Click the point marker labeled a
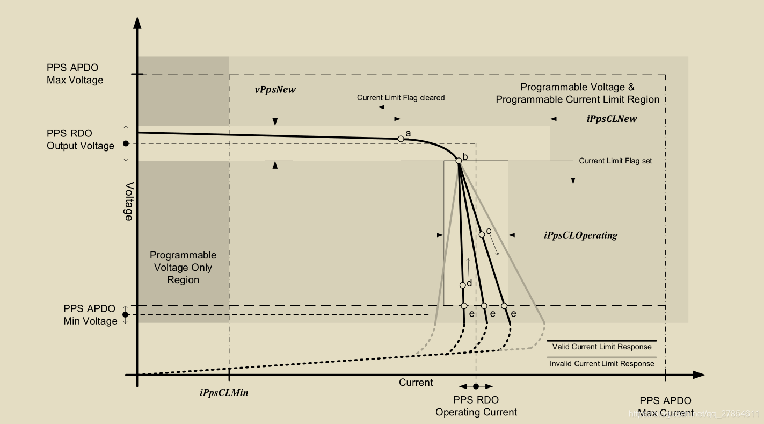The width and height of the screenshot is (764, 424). [401, 139]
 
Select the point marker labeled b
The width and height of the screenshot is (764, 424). [459, 161]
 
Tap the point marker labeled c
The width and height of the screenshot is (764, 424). [482, 234]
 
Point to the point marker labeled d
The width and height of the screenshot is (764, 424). [462, 285]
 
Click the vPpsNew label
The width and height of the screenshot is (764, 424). [275, 90]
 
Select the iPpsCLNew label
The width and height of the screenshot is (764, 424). [612, 119]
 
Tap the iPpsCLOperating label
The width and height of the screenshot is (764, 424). [580, 235]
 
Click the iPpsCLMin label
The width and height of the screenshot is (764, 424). [224, 392]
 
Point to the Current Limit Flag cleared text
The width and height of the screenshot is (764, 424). [401, 98]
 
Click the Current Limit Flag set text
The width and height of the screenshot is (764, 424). [615, 161]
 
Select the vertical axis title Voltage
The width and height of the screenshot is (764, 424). [129, 202]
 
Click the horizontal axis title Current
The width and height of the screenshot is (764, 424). [416, 383]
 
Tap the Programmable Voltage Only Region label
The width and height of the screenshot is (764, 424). [183, 268]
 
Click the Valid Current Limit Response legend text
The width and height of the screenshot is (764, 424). [602, 347]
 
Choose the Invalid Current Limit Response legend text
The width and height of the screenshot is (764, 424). [602, 364]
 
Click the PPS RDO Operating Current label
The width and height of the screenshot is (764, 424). [476, 406]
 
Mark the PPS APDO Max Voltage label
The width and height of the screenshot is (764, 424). [75, 74]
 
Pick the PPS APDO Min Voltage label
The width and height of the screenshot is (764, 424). [90, 315]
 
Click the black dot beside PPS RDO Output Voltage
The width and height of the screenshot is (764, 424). [126, 143]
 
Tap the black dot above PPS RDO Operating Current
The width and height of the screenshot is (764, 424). [476, 386]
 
